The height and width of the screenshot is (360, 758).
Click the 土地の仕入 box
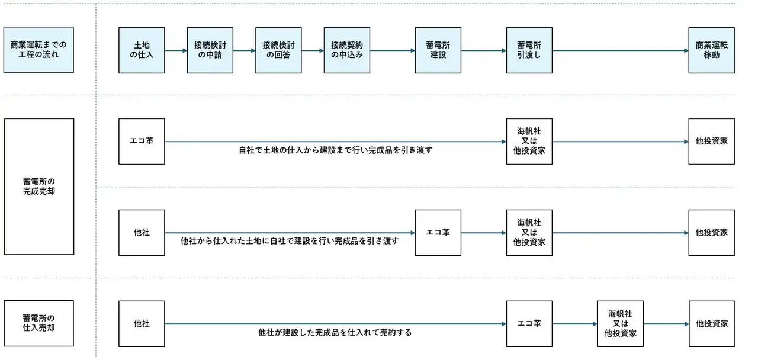pos(142,50)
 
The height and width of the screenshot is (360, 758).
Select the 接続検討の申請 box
pos(210,50)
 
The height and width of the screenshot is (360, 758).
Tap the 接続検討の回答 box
pos(278,50)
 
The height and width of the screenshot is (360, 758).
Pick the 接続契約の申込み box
pos(347,50)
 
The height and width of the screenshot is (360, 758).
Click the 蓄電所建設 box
pos(438,50)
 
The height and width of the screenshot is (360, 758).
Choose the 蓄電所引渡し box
pos(529,50)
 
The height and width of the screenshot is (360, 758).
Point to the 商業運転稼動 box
pos(712,50)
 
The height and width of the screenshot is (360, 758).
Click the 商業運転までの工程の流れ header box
pos(38,50)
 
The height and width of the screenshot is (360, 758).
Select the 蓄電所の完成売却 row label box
pos(39,187)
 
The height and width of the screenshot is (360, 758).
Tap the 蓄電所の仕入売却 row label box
pos(38,323)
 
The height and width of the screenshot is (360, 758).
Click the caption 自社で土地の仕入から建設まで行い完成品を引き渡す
pos(335,150)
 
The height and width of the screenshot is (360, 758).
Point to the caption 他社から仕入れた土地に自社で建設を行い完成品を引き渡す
pos(290,241)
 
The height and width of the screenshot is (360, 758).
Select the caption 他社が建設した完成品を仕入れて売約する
pos(335,333)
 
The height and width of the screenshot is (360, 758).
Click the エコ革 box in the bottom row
pos(529,324)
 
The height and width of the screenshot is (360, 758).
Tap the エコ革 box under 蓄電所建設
pos(438,233)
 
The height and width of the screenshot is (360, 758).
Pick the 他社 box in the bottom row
pos(142,324)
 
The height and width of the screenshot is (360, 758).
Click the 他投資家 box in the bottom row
pos(712,324)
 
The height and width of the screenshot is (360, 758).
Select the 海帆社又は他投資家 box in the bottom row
pos(620,324)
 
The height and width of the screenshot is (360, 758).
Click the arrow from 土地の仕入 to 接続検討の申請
pos(176,51)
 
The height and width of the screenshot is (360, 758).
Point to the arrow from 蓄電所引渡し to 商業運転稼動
pos(621,51)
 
